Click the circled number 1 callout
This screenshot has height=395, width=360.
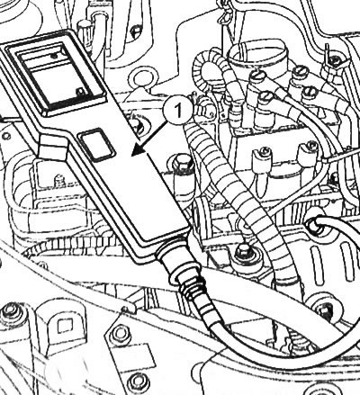178,110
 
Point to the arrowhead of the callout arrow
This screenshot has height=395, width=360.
138,150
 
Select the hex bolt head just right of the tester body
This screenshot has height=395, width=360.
182,163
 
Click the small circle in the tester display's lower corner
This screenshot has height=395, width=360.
79,91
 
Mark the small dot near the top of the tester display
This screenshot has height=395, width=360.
55,56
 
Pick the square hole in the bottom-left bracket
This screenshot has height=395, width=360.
65,326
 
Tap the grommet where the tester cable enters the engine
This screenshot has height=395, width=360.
314,226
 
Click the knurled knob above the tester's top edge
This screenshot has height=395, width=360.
84,32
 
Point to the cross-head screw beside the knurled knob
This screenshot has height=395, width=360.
136,31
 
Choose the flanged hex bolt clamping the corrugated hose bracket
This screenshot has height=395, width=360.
243,251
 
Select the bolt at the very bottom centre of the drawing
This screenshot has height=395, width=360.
138,382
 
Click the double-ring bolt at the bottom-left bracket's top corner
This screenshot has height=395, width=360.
10,312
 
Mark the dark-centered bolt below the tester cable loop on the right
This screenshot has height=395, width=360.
325,310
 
